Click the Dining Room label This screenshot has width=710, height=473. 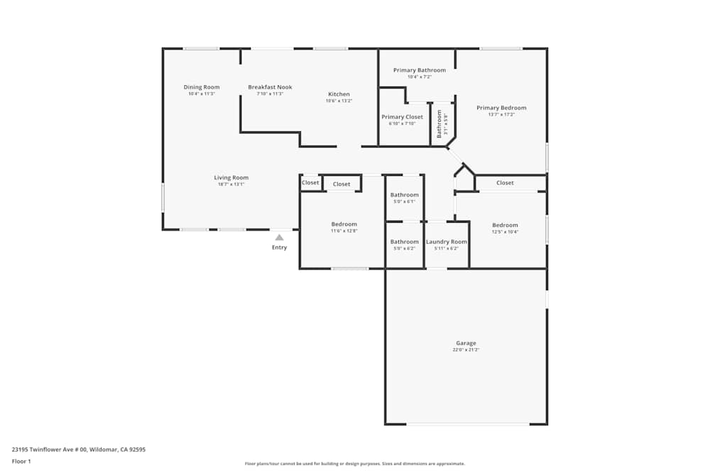202,87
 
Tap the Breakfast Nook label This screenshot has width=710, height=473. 270,87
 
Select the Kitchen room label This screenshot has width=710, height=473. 339,94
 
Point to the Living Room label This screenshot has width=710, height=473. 231,178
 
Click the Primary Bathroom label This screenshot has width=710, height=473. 420,70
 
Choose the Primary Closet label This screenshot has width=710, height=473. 402,117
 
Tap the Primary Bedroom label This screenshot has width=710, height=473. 501,108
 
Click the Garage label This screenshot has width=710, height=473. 466,343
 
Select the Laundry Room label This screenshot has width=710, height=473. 447,242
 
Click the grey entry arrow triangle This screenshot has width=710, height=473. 280,238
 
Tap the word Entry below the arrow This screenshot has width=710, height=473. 280,247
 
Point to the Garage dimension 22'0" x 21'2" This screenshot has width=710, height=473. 466,350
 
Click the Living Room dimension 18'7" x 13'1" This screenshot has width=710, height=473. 231,184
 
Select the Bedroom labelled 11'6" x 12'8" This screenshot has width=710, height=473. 344,224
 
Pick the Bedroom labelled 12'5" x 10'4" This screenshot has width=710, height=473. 505,225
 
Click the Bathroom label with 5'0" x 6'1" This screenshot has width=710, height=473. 405,195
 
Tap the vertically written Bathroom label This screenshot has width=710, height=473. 439,123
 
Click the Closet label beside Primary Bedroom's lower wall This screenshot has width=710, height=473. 505,183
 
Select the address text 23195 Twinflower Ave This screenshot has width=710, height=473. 49,449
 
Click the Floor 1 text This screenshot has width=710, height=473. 21,461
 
